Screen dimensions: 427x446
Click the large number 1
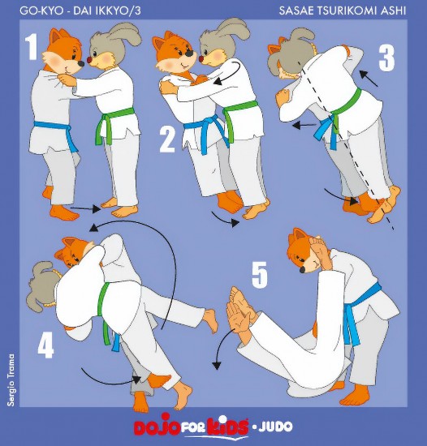[32, 47]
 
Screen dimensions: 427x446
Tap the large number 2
[167, 139]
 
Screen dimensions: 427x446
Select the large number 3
[386, 58]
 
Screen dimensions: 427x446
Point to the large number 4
[45, 345]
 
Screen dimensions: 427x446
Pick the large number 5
[260, 275]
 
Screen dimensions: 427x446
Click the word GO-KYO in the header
[41, 11]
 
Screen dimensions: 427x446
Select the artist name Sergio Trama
[11, 380]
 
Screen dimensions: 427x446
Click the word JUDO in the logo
[275, 426]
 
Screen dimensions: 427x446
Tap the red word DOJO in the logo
[157, 426]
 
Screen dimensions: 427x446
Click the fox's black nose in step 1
[81, 63]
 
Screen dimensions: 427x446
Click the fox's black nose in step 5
[303, 269]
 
